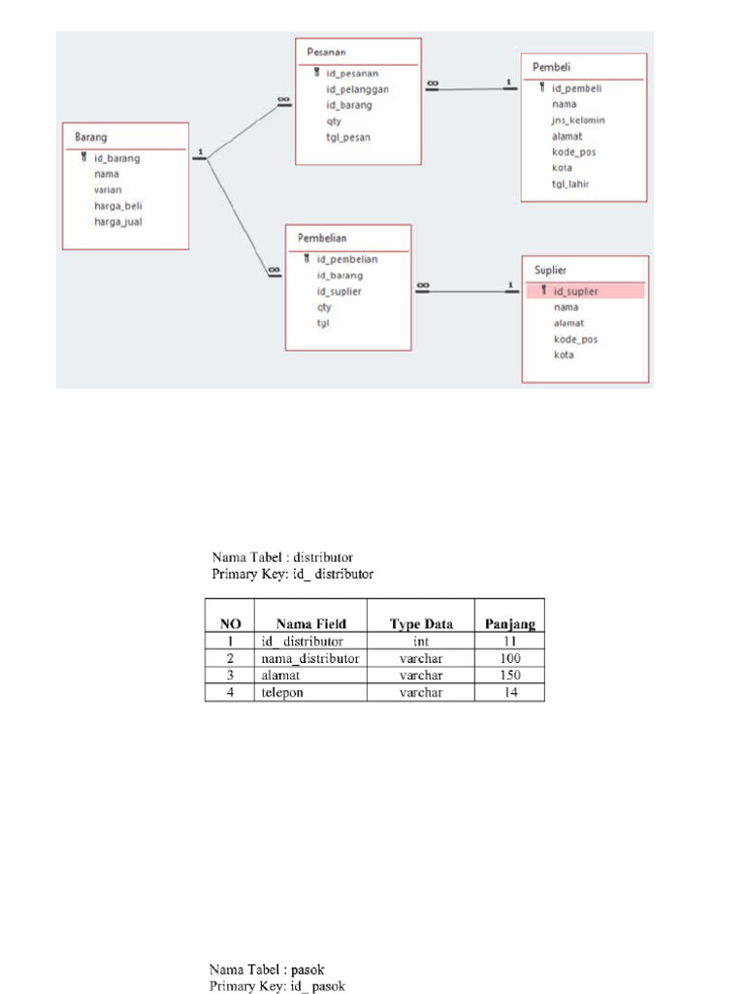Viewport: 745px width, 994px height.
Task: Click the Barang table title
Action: coord(91,138)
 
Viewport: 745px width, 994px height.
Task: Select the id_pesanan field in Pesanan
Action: coord(352,73)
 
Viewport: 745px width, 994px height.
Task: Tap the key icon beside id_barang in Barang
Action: coord(84,157)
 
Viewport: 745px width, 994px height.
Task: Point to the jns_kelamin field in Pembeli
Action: coord(578,120)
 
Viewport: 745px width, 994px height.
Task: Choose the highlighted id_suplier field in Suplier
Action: coord(575,291)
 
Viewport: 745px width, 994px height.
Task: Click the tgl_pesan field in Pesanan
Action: coord(348,138)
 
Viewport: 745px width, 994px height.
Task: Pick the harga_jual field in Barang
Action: coord(119,221)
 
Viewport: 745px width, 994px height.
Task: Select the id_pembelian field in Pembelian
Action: coord(346,259)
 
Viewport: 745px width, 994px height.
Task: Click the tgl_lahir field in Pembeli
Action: coord(571,184)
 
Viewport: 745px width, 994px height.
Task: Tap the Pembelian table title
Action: coord(322,238)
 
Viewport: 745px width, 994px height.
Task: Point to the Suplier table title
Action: coord(550,270)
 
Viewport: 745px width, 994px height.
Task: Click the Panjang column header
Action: coord(509,624)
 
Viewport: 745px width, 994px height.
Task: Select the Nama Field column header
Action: coord(310,624)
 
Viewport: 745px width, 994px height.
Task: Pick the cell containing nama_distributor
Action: coord(310,658)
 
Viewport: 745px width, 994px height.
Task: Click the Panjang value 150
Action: coord(509,675)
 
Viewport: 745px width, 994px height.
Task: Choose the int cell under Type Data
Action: coord(421,642)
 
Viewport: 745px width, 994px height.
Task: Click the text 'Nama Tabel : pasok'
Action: coord(267,970)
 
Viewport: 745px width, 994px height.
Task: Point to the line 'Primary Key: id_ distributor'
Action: coord(292,574)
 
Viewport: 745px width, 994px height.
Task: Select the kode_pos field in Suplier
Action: coord(575,339)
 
